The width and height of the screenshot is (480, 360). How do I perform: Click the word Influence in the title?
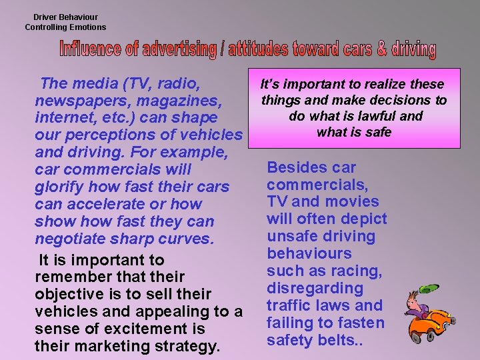click(86, 49)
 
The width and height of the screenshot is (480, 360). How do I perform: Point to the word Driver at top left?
click(46, 17)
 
